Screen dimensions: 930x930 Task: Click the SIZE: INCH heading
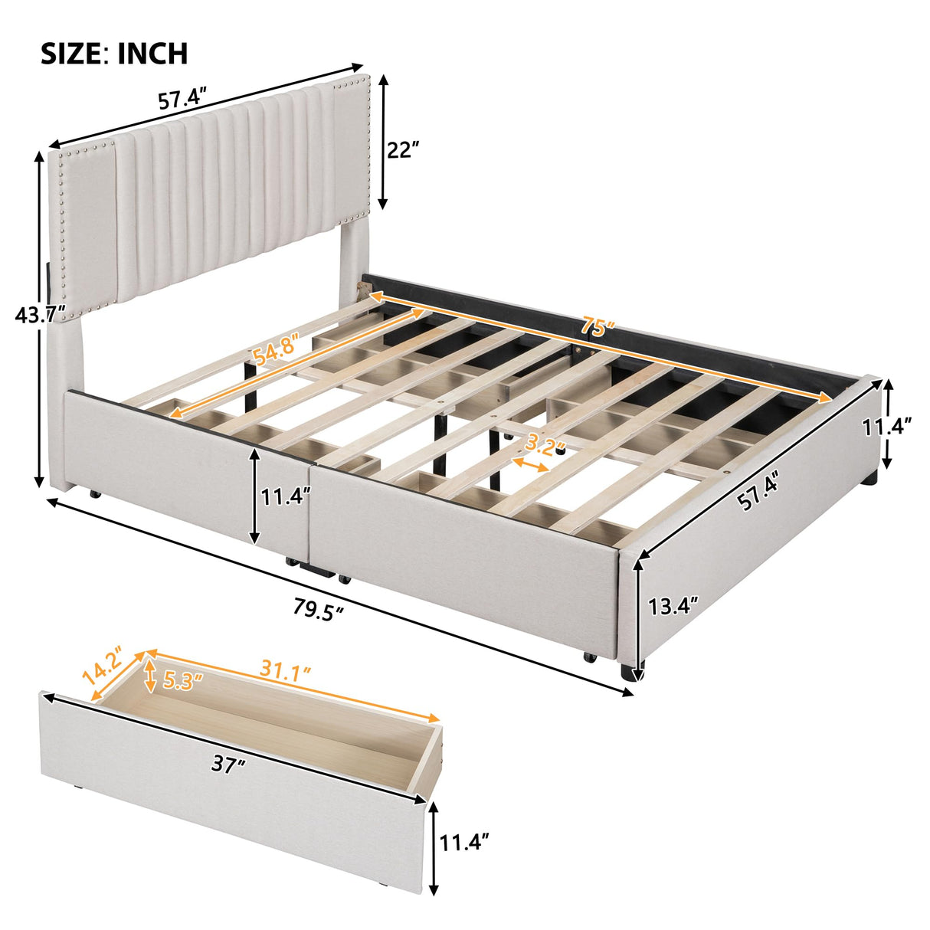click(x=113, y=53)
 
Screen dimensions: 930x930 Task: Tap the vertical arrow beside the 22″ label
click(x=382, y=142)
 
